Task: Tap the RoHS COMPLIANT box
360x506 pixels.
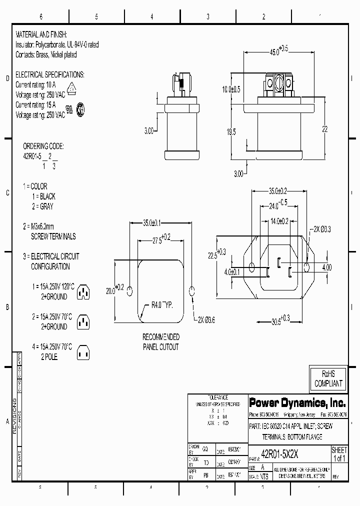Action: coord(328,378)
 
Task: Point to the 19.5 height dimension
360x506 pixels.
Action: coord(231,132)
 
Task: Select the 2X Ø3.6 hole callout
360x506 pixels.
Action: coord(208,319)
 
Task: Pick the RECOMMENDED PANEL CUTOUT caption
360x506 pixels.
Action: coord(161,342)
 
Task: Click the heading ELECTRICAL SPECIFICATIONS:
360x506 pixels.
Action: coord(50,74)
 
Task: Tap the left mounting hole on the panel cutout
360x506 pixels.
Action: coord(130,291)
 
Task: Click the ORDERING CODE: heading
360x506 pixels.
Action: coord(43,146)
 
